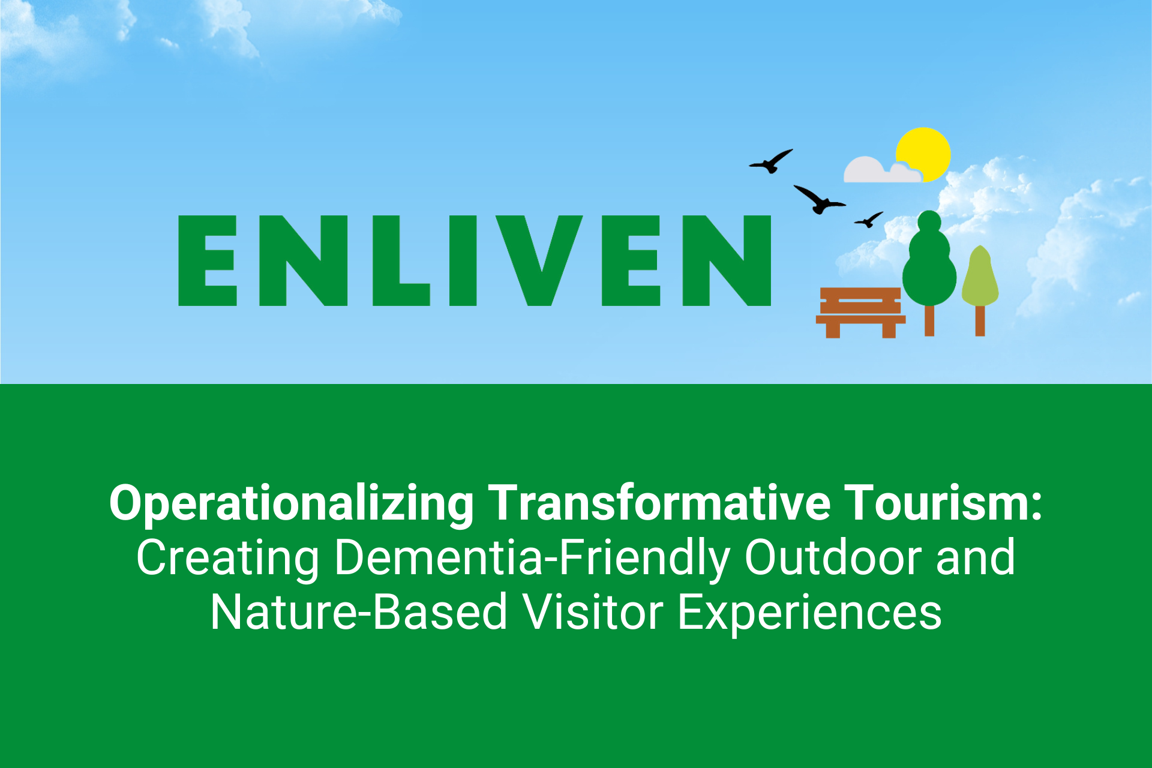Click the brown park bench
click(860, 313)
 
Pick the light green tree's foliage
click(980, 276)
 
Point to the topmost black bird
click(771, 161)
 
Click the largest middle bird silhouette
click(820, 200)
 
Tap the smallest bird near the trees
click(869, 220)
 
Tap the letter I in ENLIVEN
click(463, 260)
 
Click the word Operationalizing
click(292, 504)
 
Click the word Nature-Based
click(359, 612)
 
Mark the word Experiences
click(809, 613)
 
